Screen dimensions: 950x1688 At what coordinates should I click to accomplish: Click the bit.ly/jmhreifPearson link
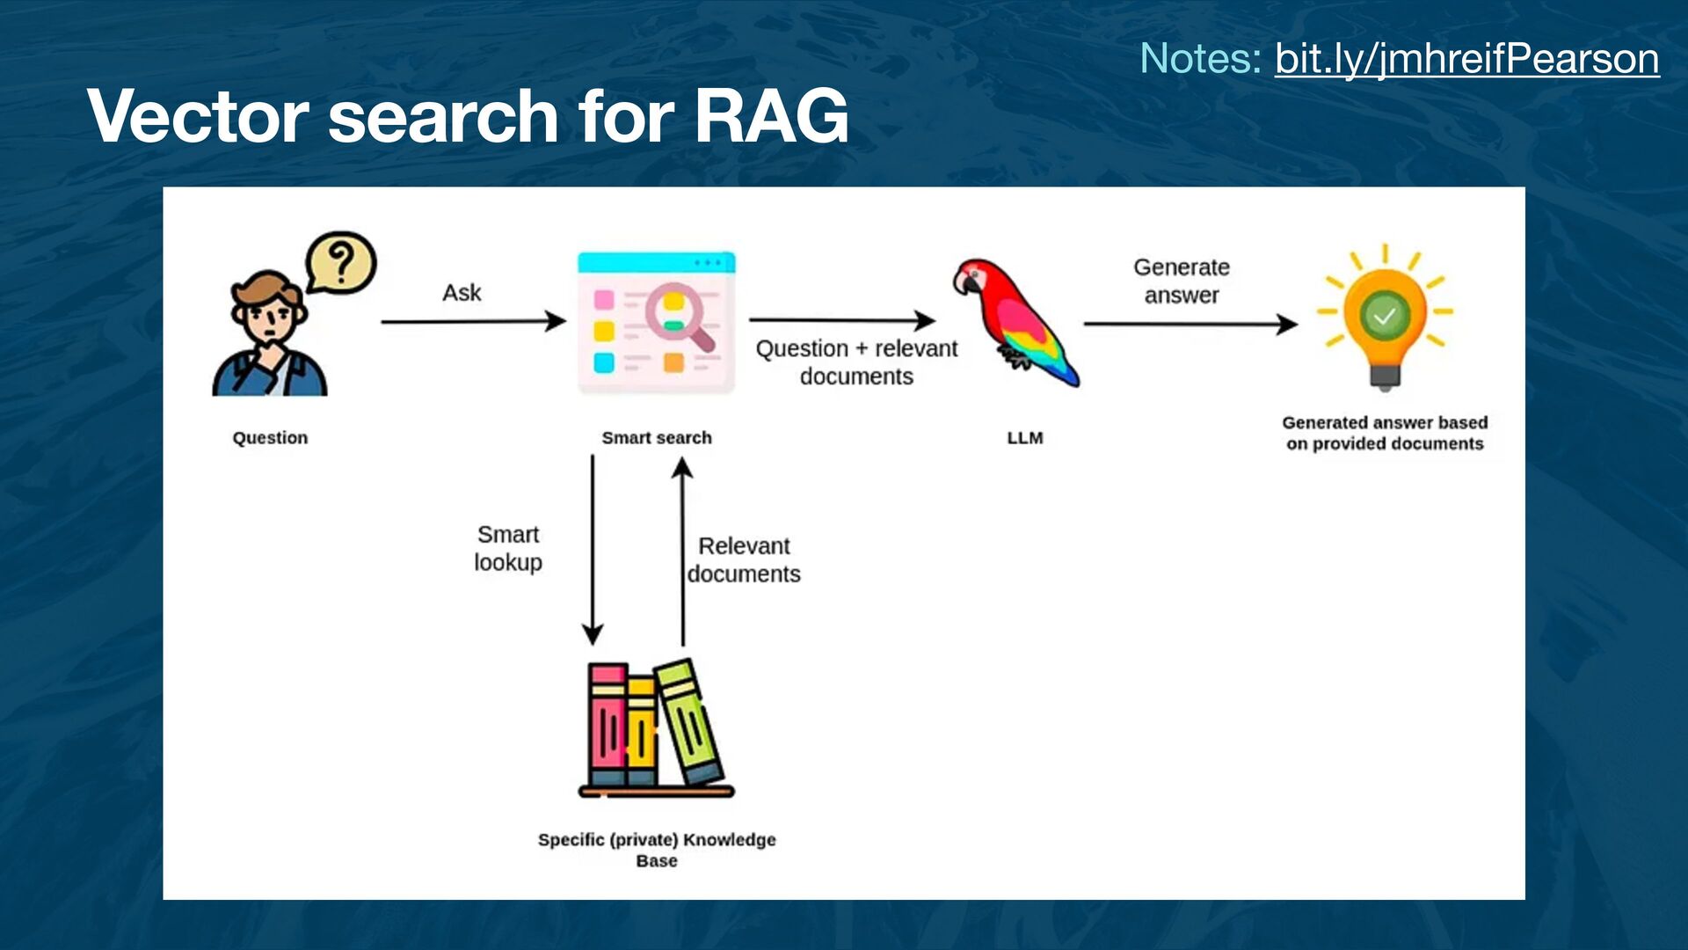(1466, 59)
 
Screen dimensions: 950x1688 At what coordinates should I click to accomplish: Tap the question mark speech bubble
(340, 262)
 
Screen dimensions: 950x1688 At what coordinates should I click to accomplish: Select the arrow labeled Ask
(473, 322)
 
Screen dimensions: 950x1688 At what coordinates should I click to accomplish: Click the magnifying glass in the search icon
(675, 313)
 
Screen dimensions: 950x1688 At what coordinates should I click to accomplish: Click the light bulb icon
(1385, 321)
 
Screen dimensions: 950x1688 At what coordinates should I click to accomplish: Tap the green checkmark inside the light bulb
(1385, 315)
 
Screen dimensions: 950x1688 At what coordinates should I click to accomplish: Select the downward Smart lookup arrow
(593, 550)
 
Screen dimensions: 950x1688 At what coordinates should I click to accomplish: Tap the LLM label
(1025, 438)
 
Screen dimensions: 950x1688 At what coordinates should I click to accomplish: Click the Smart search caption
(657, 438)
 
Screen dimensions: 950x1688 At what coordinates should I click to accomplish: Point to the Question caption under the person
(270, 438)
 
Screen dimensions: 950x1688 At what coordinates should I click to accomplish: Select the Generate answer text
(1182, 281)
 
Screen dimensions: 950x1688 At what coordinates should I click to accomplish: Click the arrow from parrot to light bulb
(1190, 325)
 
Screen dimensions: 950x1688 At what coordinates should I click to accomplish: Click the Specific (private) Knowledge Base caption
(657, 850)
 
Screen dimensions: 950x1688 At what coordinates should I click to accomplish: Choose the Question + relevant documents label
(856, 362)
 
